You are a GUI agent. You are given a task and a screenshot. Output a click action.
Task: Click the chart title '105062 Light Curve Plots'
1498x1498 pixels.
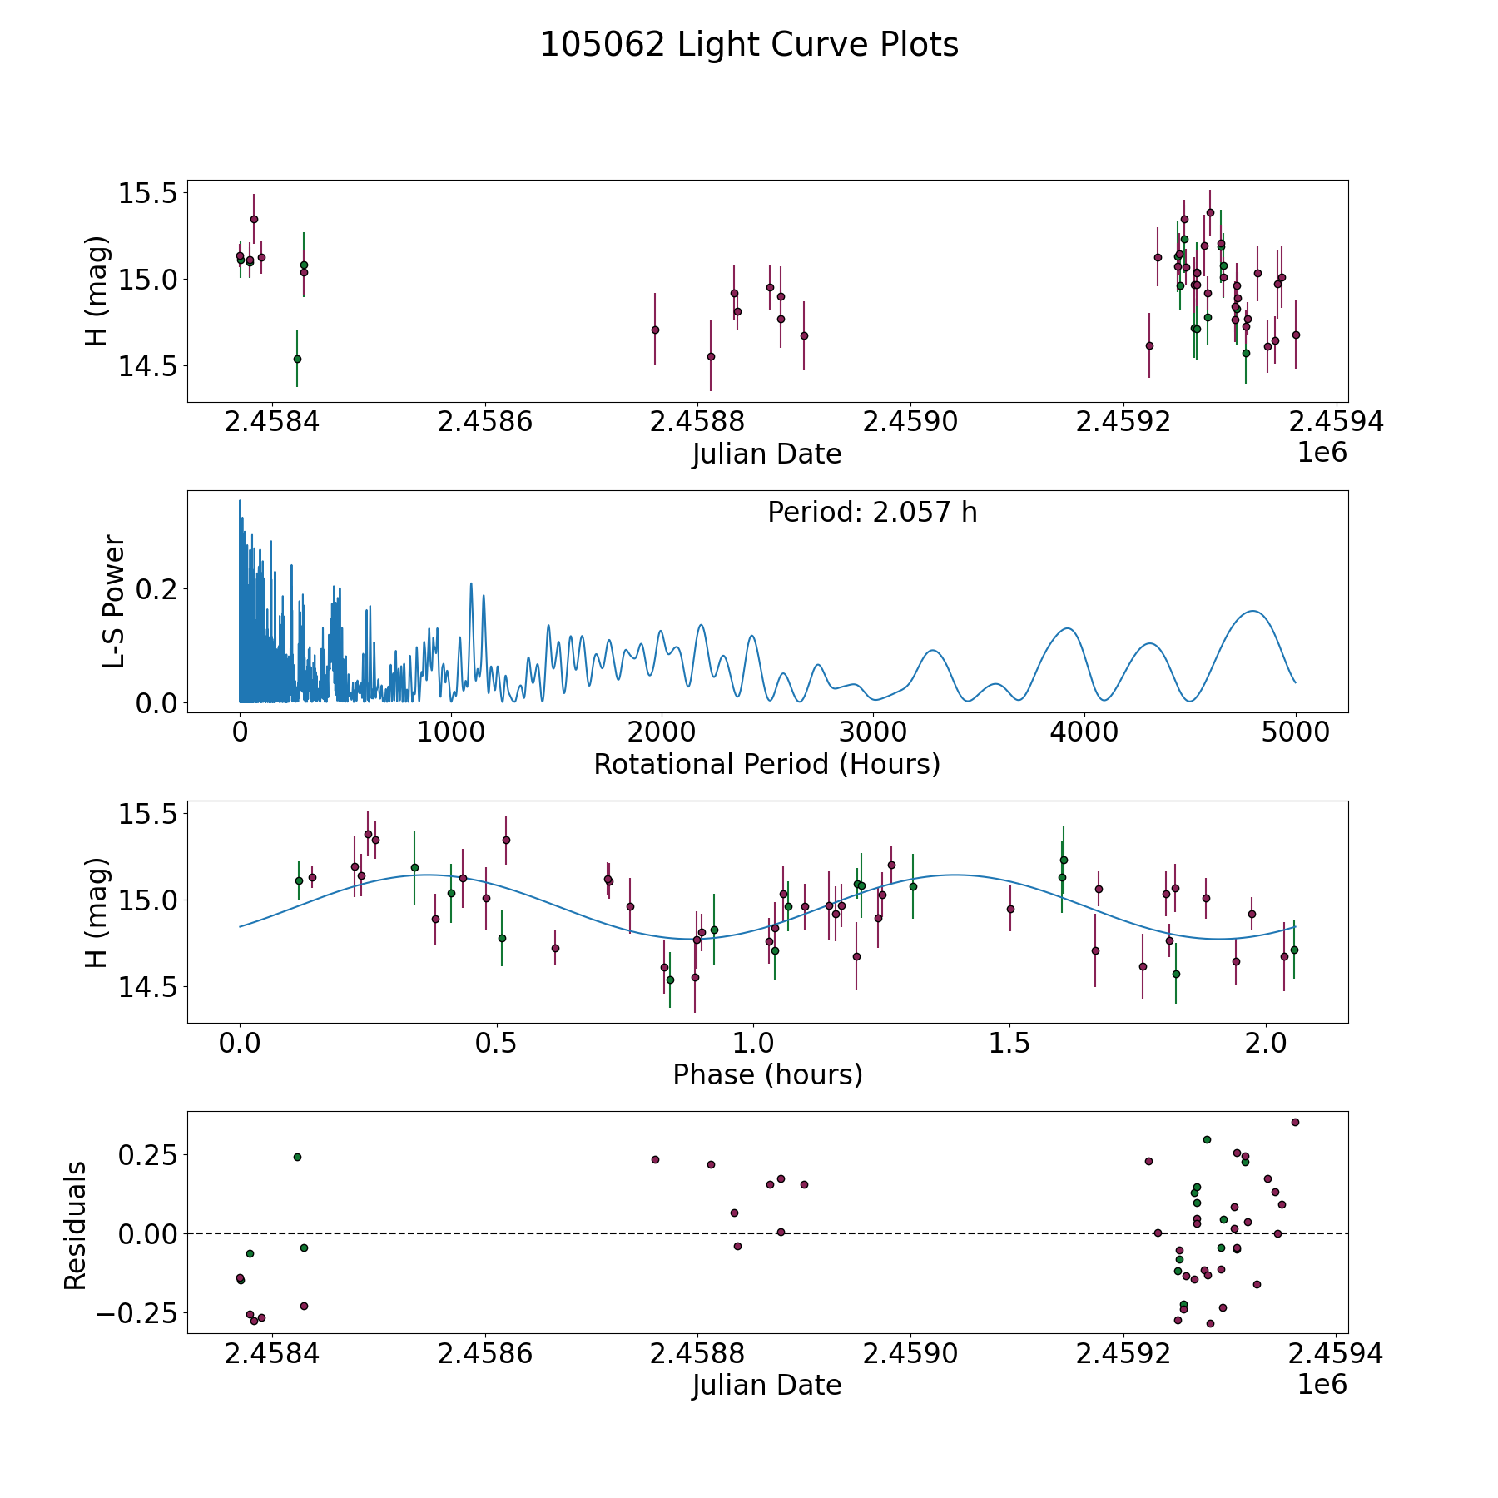tap(749, 45)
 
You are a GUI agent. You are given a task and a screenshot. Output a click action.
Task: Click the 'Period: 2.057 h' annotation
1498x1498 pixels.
tap(872, 512)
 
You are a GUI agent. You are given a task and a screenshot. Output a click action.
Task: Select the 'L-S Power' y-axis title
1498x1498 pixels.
tap(114, 602)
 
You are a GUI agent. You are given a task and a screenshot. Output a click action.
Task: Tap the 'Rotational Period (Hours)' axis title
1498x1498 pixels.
tap(766, 764)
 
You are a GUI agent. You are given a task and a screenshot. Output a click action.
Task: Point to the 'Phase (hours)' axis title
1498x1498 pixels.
tap(767, 1074)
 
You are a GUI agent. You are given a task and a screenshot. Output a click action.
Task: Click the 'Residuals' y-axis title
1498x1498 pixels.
tap(75, 1225)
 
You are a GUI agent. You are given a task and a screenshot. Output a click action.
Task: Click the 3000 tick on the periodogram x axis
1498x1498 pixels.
tap(873, 732)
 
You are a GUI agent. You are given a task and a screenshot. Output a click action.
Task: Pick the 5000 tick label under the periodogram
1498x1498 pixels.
tap(1295, 732)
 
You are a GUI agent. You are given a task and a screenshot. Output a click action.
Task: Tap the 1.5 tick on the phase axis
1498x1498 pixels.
tap(1009, 1043)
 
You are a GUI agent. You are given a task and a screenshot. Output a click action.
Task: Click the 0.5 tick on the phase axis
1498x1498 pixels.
tap(497, 1043)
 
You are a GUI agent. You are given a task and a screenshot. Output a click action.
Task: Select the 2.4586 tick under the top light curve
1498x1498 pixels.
tap(484, 422)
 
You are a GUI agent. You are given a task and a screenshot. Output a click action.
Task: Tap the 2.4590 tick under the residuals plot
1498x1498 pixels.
tap(910, 1353)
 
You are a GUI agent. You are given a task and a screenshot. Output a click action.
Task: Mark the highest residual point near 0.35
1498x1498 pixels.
tap(1295, 1122)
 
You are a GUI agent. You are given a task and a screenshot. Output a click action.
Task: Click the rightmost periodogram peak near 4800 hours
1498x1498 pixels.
tap(1252, 611)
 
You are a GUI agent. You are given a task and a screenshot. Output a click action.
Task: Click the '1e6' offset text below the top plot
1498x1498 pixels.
tap(1322, 453)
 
